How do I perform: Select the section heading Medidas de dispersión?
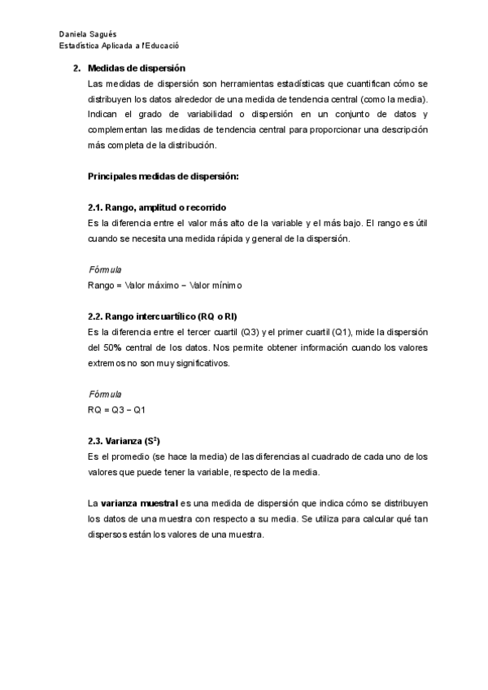(136, 70)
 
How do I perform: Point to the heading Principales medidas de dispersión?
(162, 177)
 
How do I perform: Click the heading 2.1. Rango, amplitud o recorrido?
(156, 207)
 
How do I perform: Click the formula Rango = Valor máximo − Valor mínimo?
(164, 285)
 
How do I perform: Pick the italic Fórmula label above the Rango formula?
(104, 269)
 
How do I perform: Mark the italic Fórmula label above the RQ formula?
(104, 393)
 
